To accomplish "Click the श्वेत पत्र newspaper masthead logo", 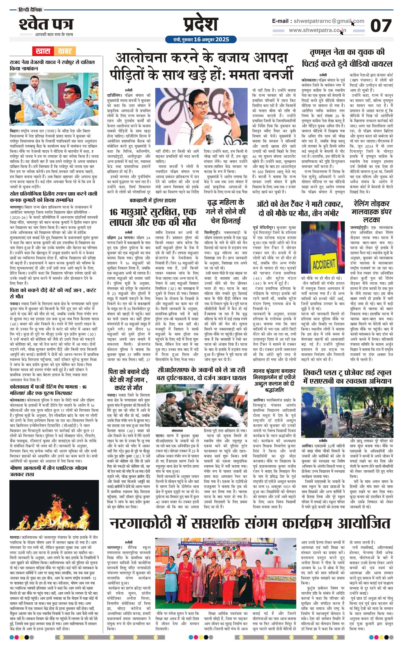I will (x=46, y=24).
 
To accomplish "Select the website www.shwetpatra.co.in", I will (x=318, y=30).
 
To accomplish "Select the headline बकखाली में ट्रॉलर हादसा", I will (x=152, y=200).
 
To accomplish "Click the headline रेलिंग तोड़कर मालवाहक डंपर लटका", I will (x=371, y=212).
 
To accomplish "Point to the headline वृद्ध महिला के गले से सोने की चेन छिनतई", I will (x=226, y=211).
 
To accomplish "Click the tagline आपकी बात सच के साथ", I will (x=54, y=34).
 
